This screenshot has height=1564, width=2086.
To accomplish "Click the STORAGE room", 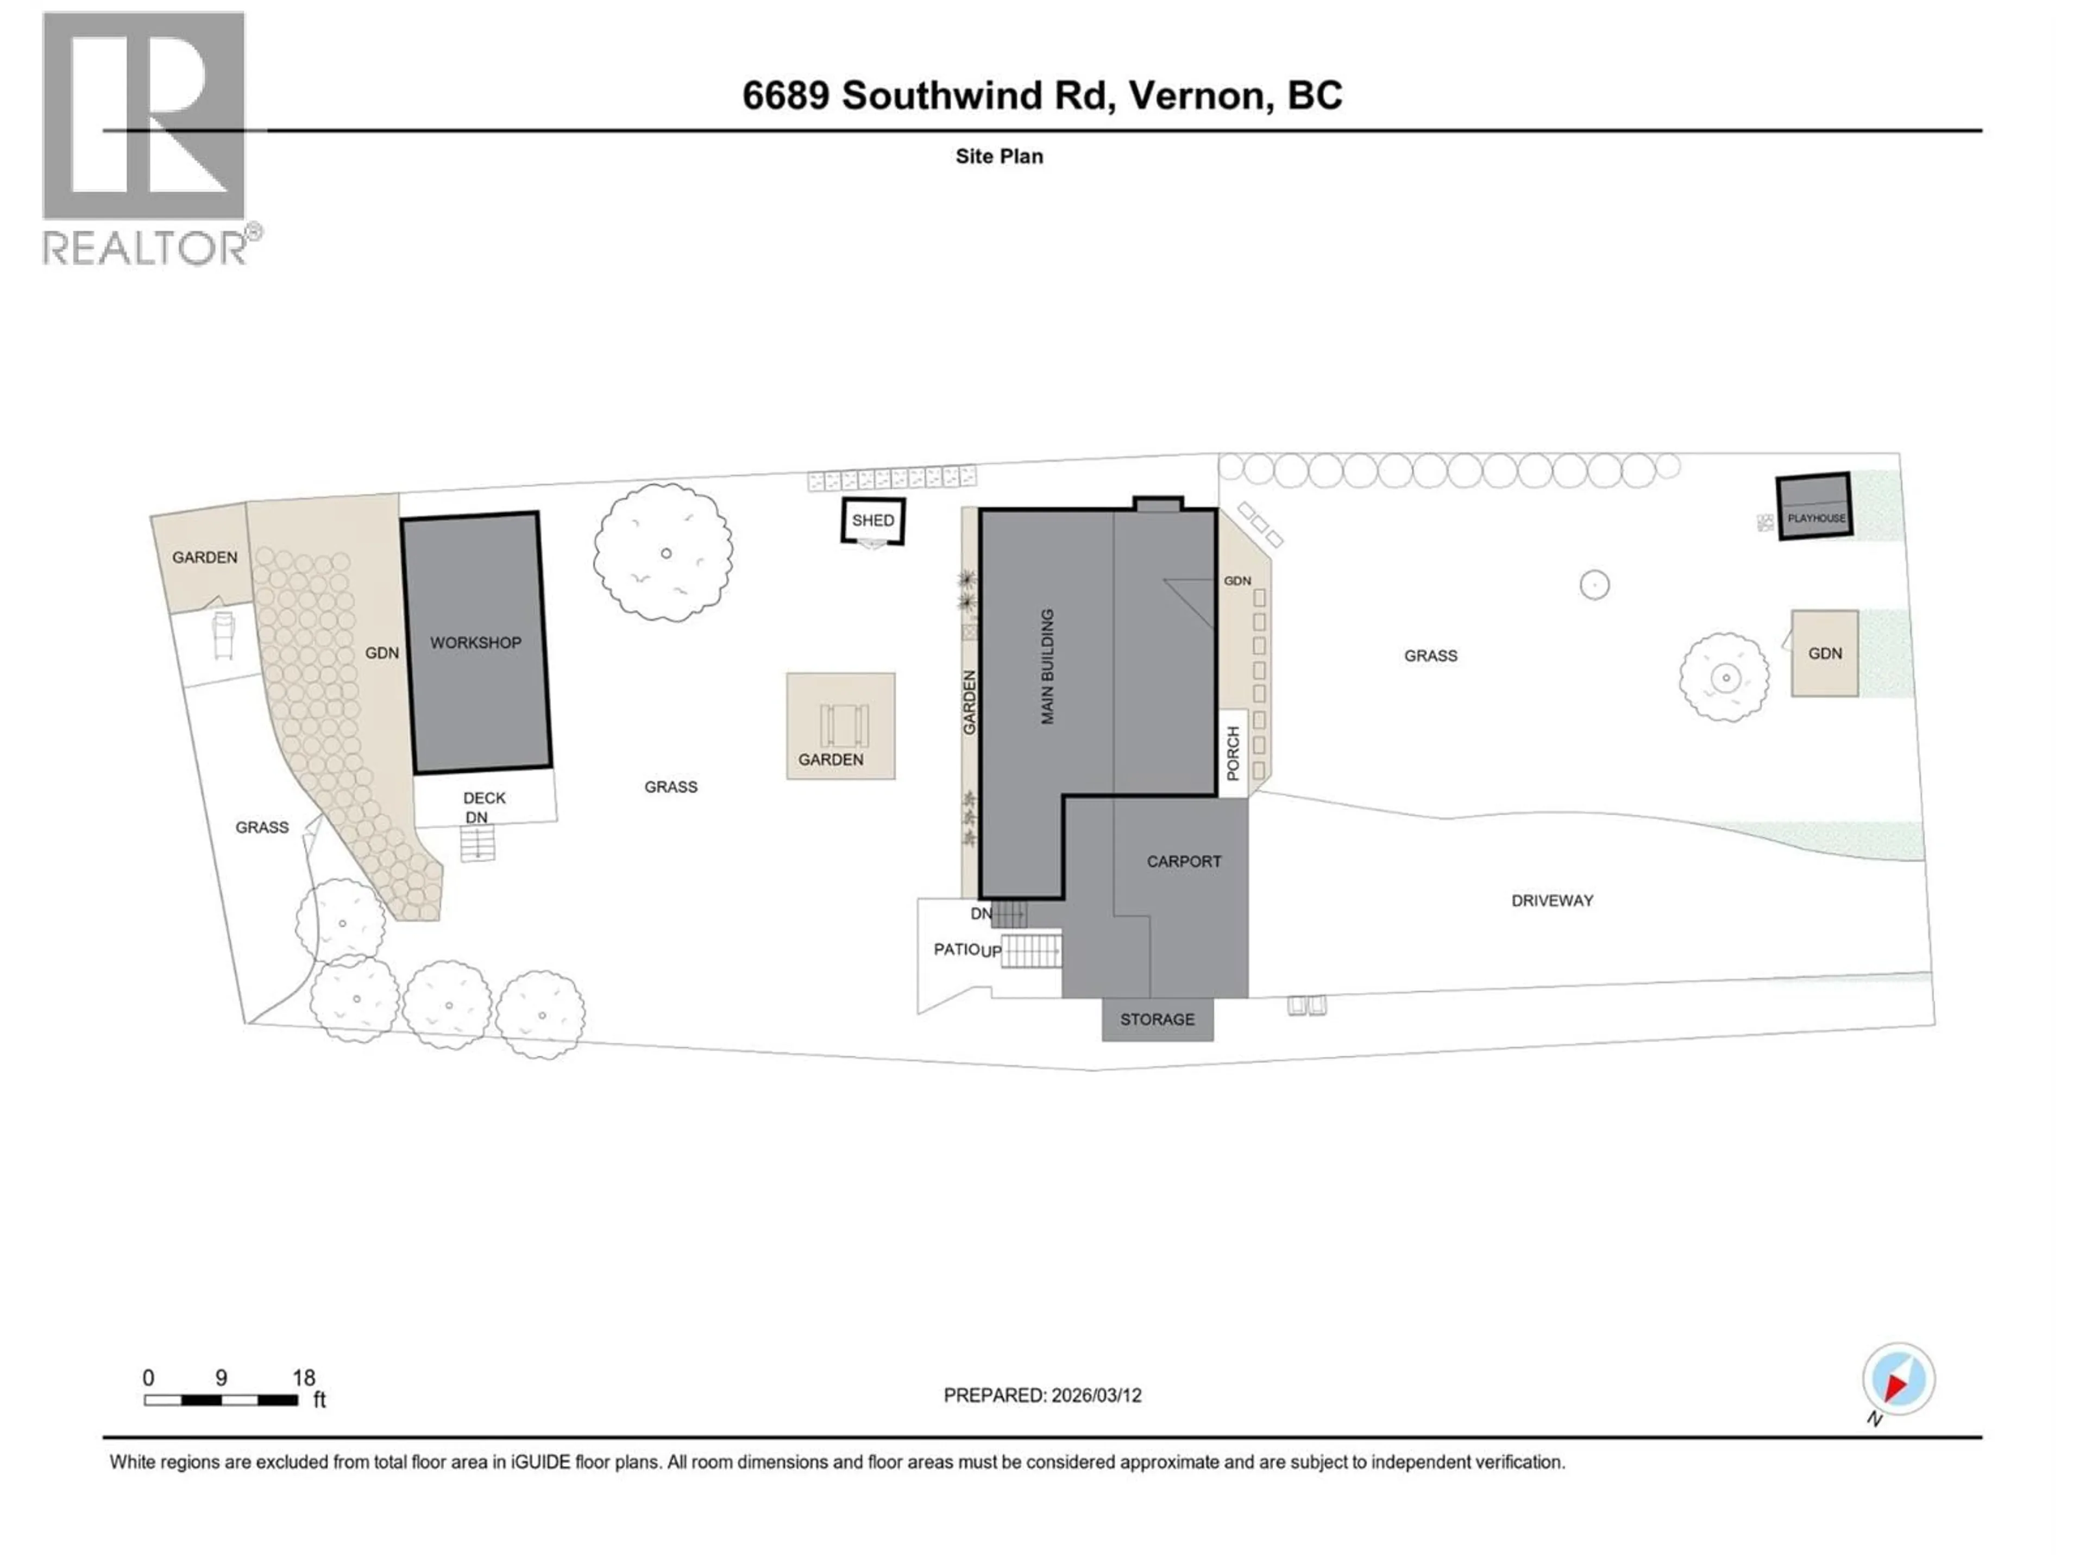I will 1157,1019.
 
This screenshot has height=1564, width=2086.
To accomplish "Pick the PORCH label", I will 1233,753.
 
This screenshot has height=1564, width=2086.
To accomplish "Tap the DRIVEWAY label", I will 1551,900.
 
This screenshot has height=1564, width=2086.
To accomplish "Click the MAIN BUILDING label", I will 1047,666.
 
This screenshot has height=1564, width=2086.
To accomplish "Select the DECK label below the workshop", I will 484,798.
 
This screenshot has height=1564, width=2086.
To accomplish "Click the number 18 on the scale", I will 303,1377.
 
